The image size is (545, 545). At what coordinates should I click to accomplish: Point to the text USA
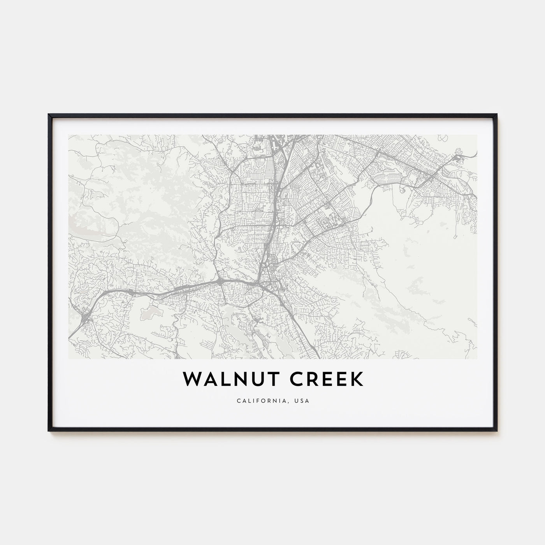click(303, 401)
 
